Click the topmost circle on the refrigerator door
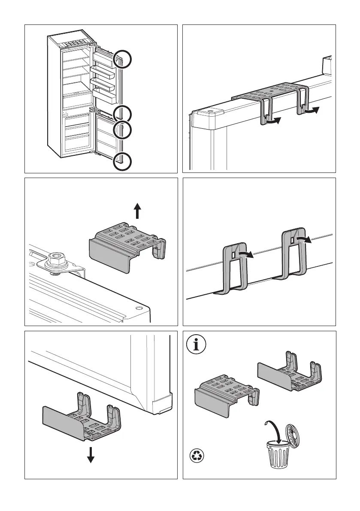pyautogui.click(x=123, y=59)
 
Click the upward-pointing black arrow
pyautogui.click(x=137, y=212)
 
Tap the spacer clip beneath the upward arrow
pyautogui.click(x=127, y=248)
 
